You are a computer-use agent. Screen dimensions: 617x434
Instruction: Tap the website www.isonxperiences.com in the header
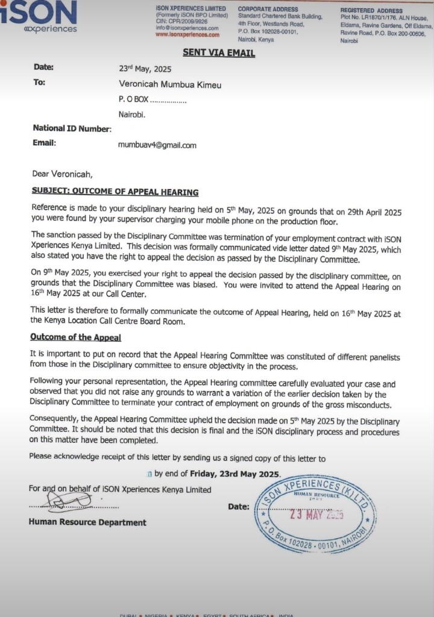[187, 34]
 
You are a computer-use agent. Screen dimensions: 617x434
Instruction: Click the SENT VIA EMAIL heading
[218, 53]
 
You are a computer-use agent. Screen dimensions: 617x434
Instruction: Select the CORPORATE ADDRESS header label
[268, 9]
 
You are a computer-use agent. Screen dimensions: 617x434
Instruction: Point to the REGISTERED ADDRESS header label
[371, 11]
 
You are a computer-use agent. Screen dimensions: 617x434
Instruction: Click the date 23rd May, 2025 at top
[145, 69]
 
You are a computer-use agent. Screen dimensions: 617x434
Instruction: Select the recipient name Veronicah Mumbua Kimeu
[170, 85]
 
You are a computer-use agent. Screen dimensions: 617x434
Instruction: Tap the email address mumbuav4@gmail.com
[157, 145]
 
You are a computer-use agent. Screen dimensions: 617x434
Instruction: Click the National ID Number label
[72, 128]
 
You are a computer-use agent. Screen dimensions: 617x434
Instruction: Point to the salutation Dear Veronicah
[62, 175]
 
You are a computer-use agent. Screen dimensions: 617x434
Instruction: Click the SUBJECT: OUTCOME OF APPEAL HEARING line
[115, 192]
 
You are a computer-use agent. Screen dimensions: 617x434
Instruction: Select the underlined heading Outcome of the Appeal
[76, 337]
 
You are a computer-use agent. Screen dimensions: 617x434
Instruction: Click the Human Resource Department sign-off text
[87, 522]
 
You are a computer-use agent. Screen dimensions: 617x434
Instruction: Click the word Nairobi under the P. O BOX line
[131, 114]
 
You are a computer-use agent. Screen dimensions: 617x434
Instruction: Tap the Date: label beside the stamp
[238, 507]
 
